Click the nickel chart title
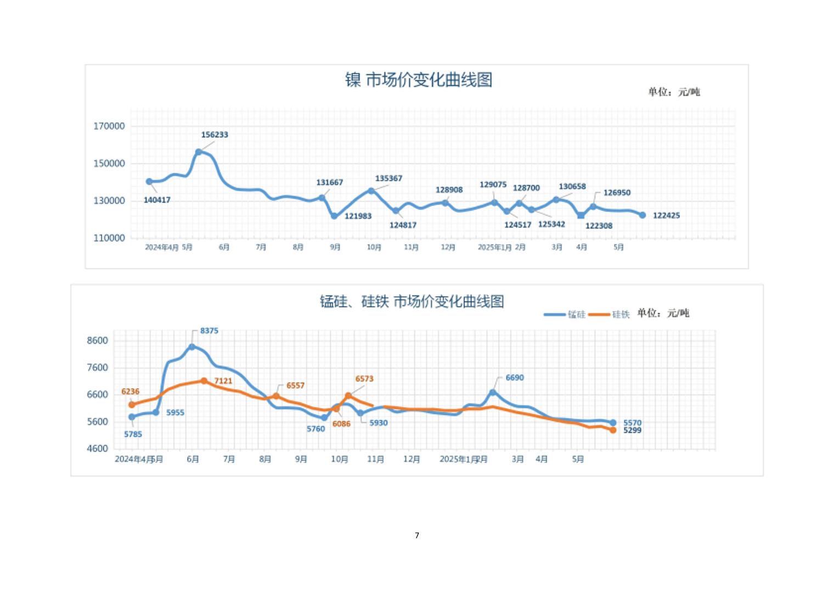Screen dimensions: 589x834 [418, 80]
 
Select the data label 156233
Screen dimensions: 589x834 [215, 135]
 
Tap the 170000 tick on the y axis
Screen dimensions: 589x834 [109, 126]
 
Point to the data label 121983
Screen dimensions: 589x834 [358, 216]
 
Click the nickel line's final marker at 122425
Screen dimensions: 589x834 [643, 215]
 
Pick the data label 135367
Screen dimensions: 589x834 [388, 179]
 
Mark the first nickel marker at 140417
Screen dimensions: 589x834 [149, 182]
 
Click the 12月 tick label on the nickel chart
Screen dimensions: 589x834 [448, 247]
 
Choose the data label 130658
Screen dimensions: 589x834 [572, 187]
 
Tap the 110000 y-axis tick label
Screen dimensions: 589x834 [109, 238]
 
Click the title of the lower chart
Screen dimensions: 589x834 [412, 302]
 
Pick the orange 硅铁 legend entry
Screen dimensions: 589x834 [610, 314]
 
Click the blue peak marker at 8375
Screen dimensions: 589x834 [192, 347]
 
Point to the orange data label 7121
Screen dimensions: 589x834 [223, 381]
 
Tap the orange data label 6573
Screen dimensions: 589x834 [364, 379]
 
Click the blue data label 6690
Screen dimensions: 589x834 [515, 378]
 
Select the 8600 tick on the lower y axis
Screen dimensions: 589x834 [98, 341]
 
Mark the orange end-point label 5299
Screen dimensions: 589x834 [632, 431]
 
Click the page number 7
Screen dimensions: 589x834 [417, 535]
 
